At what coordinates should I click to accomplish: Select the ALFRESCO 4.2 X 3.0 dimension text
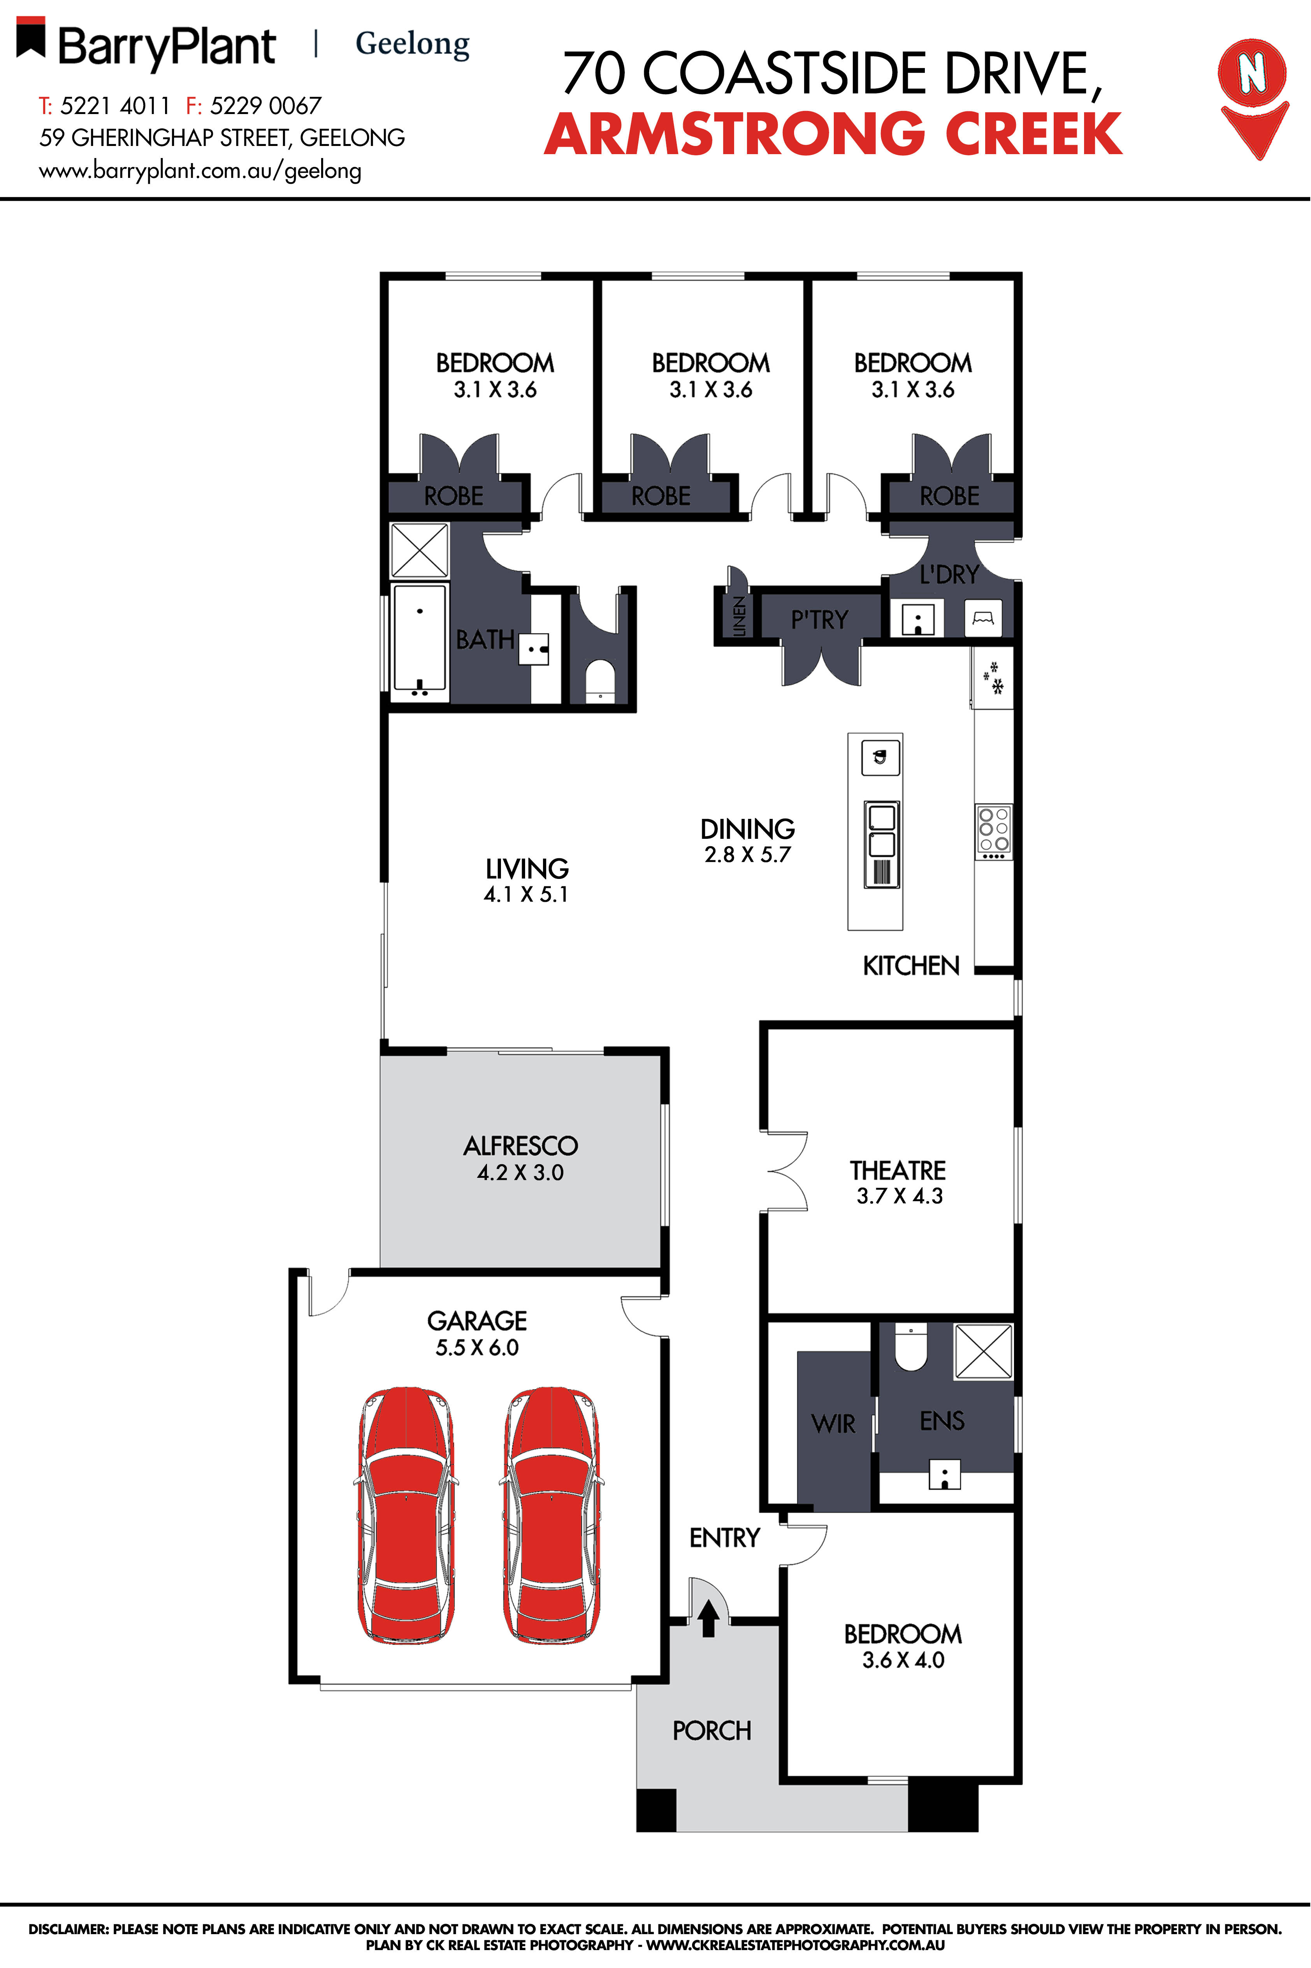pyautogui.click(x=520, y=1172)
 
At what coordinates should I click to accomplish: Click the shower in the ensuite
pyautogui.click(x=983, y=1350)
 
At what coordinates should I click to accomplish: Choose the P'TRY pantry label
pyautogui.click(x=819, y=620)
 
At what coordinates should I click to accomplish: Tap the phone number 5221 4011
pyautogui.click(x=114, y=106)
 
